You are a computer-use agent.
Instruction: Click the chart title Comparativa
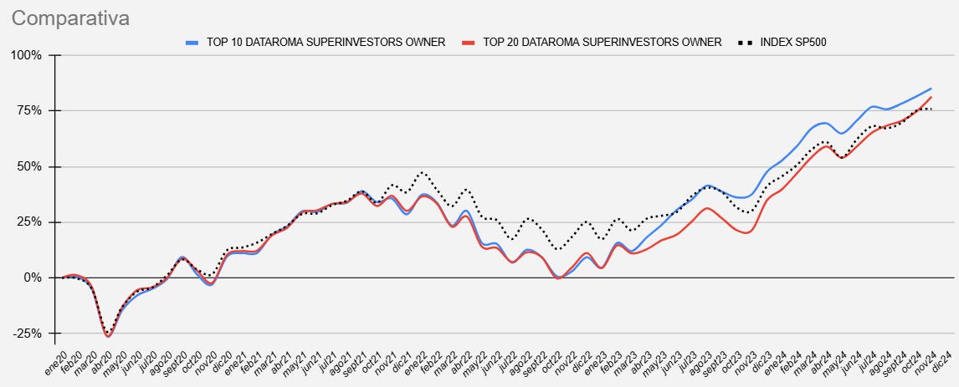pyautogui.click(x=71, y=18)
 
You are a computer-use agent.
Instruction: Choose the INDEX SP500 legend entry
pyautogui.click(x=793, y=42)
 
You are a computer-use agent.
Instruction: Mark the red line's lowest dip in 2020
pyautogui.click(x=108, y=336)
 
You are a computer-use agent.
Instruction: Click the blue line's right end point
pyautogui.click(x=931, y=89)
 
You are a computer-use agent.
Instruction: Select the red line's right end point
pyautogui.click(x=931, y=97)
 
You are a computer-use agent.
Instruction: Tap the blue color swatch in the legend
pyautogui.click(x=192, y=42)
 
